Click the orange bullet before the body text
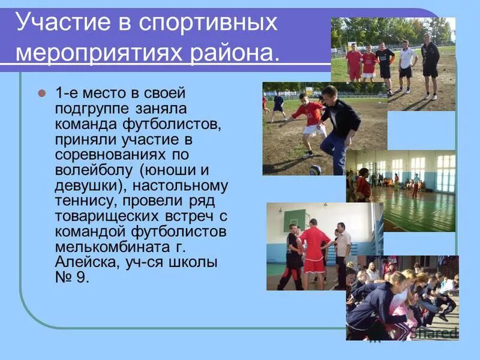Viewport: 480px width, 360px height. pos(42,94)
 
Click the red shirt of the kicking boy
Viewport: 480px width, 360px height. pos(311,112)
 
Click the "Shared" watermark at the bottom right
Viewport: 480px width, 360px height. pos(439,332)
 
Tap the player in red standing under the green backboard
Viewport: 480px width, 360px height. pos(314,251)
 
